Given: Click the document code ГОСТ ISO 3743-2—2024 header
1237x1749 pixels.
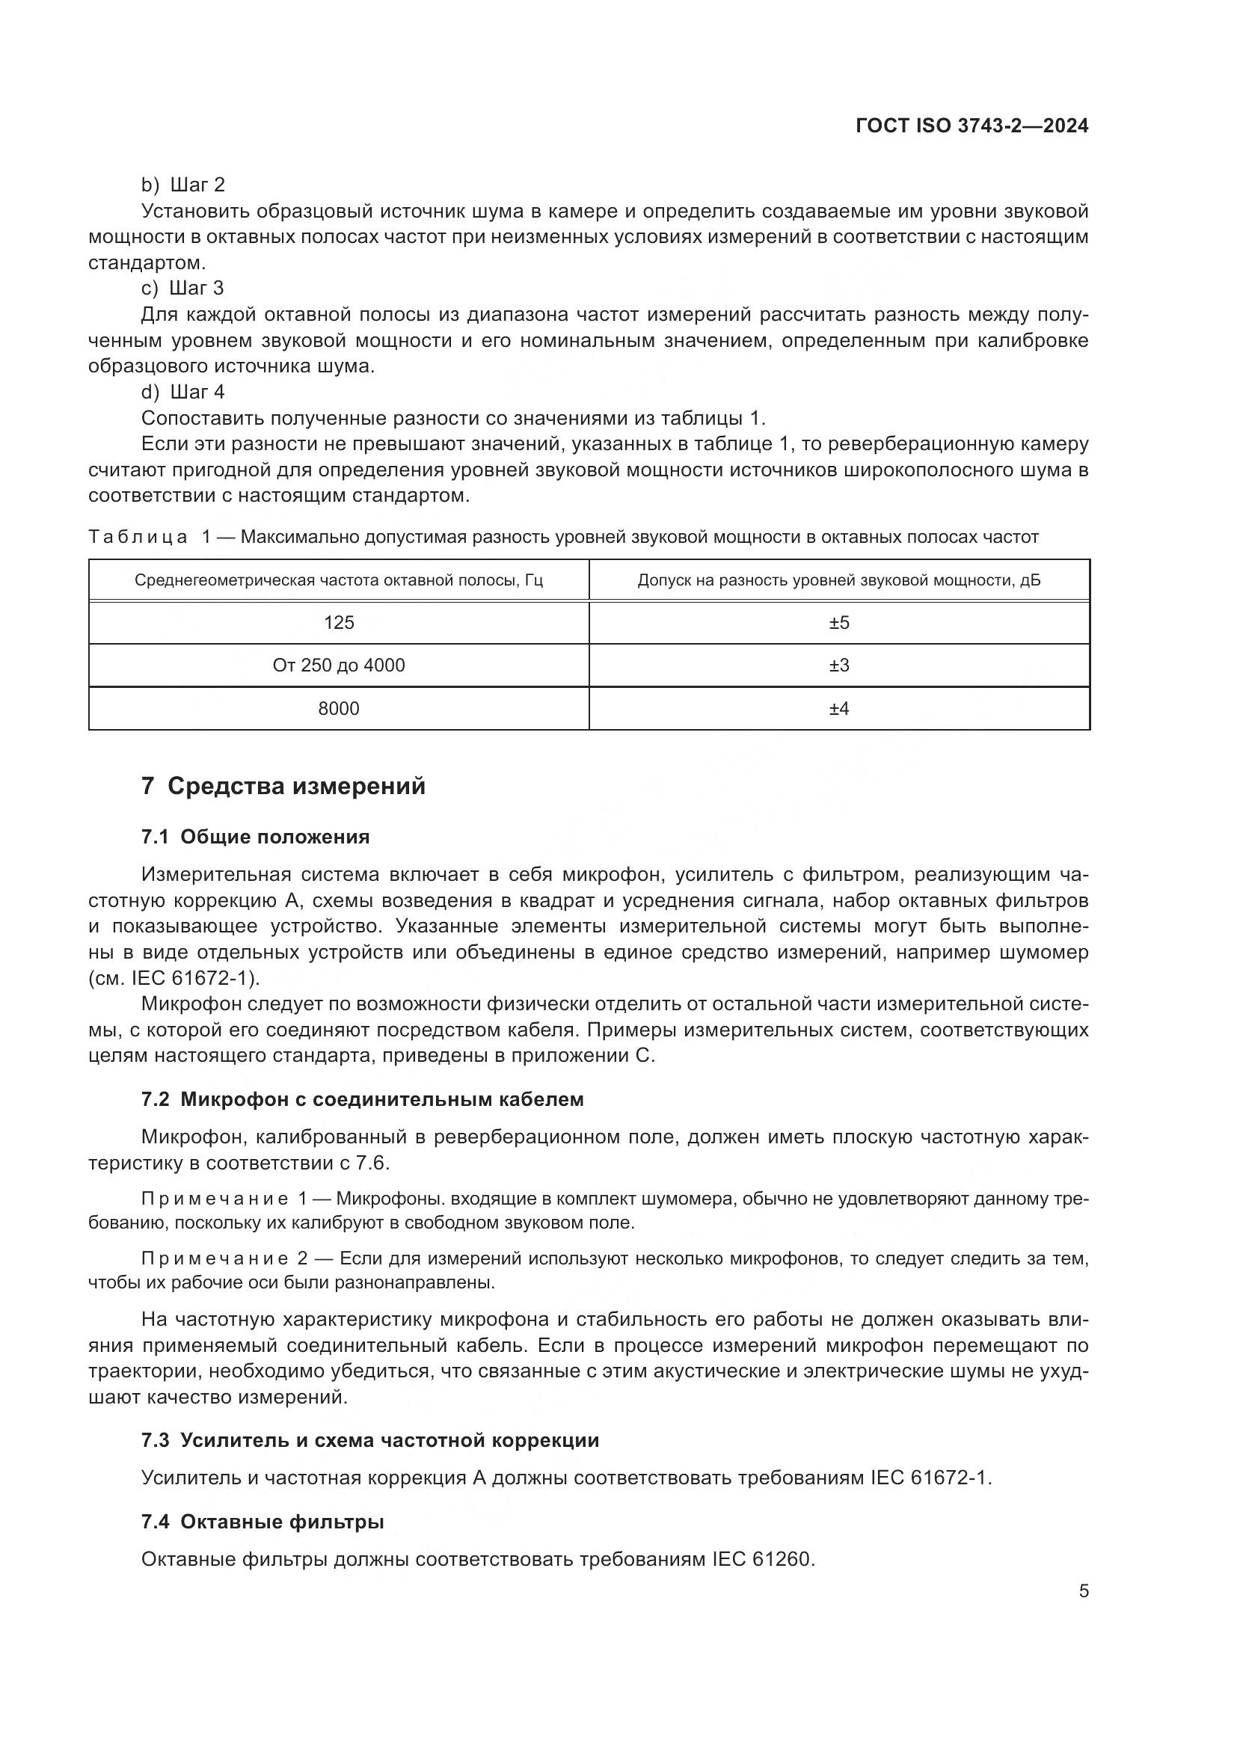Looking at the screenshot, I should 972,126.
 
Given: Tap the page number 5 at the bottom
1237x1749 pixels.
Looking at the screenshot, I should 1083,1590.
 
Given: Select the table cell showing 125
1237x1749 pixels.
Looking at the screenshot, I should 339,622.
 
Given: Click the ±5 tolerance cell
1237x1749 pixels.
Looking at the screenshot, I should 838,622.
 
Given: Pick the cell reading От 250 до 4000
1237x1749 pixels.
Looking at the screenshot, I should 339,665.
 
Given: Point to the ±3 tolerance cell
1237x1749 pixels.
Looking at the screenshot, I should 838,665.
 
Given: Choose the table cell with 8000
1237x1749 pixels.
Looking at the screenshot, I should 339,708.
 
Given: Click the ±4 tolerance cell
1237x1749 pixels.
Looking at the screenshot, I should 838,708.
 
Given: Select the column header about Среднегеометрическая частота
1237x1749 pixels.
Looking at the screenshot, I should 339,580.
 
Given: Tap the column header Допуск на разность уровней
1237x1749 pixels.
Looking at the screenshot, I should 838,580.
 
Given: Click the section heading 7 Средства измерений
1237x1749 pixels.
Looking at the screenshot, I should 283,786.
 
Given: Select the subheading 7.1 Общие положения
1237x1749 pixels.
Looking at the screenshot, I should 255,837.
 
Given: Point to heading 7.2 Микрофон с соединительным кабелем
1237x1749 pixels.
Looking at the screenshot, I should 363,1099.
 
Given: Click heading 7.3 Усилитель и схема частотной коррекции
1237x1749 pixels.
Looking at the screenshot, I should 370,1439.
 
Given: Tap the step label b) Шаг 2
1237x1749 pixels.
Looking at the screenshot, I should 182,185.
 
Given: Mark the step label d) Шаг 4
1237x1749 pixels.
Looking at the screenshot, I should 182,392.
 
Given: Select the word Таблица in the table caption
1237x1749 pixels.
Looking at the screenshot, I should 138,537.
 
